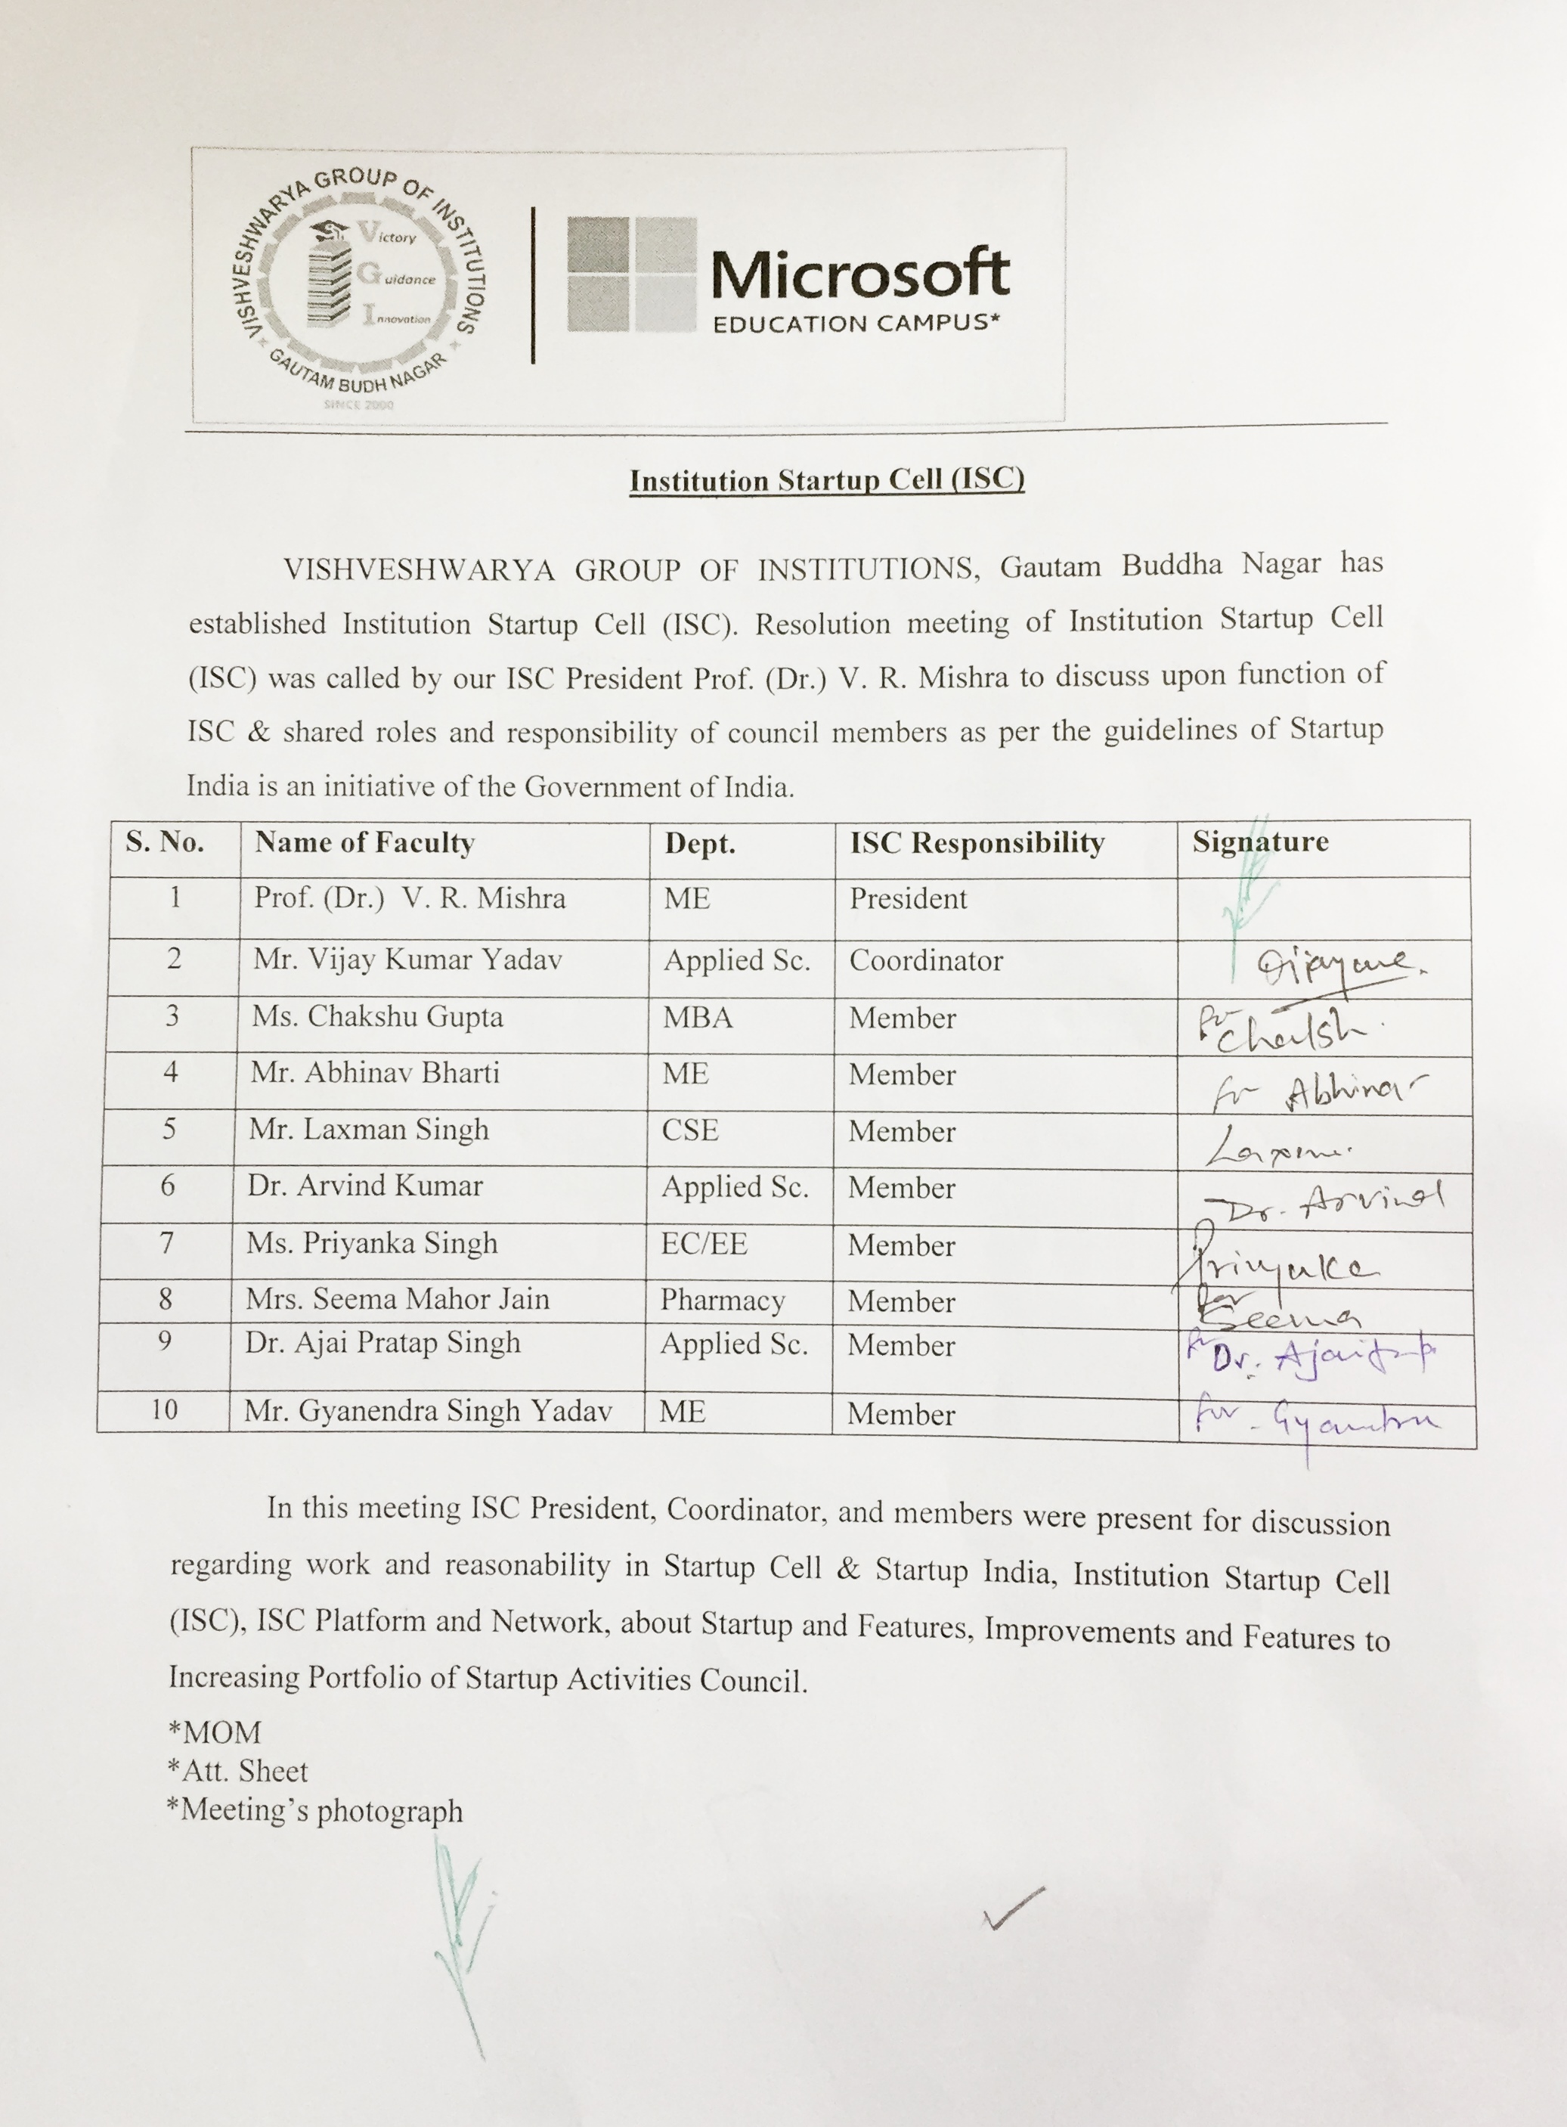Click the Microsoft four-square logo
point(630,274)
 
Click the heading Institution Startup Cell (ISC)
point(827,480)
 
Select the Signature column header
point(1259,842)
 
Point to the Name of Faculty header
point(364,842)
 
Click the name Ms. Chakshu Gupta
point(376,1017)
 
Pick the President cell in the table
point(908,898)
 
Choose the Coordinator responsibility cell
point(926,960)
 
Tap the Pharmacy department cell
point(722,1300)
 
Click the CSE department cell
point(689,1130)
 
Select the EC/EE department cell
point(704,1244)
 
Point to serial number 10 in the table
point(164,1409)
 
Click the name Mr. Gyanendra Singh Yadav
point(428,1412)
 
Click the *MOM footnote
point(215,1733)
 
